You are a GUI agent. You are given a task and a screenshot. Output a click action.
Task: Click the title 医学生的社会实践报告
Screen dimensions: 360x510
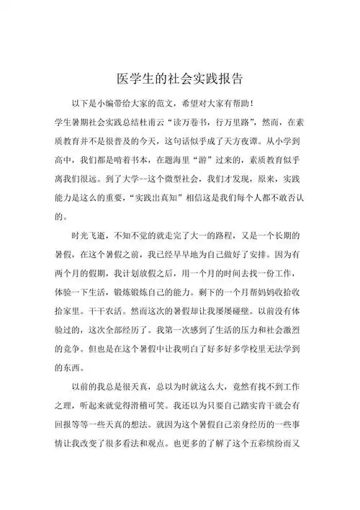coord(180,77)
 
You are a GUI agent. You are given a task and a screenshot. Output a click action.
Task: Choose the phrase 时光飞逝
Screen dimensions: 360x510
coord(89,236)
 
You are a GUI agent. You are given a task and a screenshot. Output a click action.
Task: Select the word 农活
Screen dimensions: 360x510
coord(114,305)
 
